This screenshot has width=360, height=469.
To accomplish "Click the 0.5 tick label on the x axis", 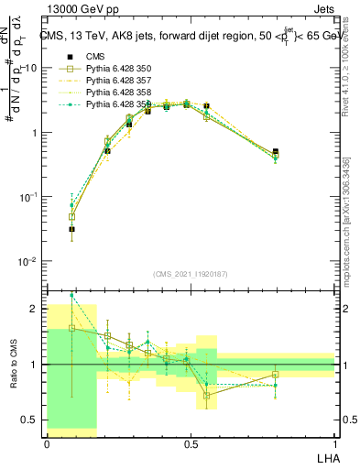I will pos(191,442).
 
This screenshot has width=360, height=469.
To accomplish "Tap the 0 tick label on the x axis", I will pos(47,442).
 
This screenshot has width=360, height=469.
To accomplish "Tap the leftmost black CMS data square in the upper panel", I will pos(72,229).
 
